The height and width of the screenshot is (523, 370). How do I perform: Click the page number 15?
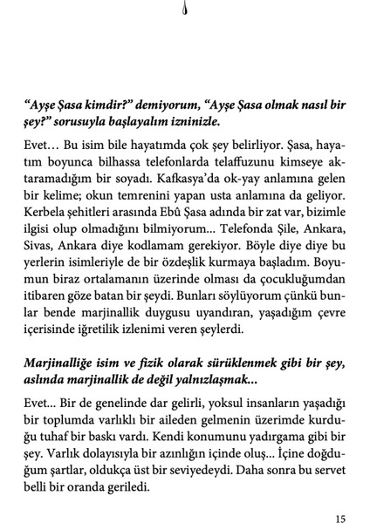click(340, 496)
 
